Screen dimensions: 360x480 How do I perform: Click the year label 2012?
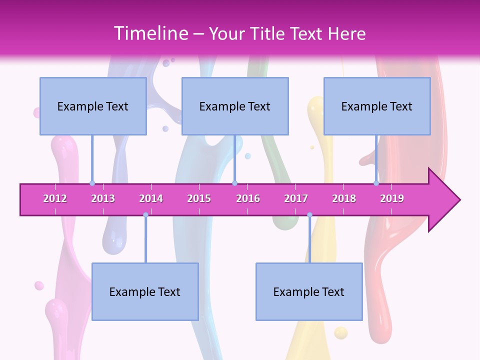point(55,198)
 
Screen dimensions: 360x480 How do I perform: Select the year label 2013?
point(103,198)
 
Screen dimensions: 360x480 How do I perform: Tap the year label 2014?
point(151,198)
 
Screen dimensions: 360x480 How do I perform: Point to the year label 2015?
point(199,198)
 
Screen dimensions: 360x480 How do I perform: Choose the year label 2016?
point(248,198)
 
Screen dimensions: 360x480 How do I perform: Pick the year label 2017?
point(296,198)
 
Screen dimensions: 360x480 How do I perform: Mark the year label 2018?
point(344,198)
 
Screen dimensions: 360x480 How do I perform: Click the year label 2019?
point(392,198)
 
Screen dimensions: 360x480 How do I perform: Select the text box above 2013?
point(93,106)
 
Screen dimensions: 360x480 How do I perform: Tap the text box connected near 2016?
point(235,106)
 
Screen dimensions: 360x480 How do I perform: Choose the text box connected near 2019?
point(377,106)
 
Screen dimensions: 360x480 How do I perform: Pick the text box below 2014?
point(145,291)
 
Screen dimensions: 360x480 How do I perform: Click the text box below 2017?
point(309,291)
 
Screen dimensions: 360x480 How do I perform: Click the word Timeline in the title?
point(149,33)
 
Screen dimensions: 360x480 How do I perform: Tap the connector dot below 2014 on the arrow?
point(145,215)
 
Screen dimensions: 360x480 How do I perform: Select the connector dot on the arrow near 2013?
point(92,183)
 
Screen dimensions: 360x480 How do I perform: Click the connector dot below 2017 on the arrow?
point(309,215)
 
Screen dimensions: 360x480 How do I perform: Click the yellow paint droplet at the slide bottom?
point(340,332)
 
